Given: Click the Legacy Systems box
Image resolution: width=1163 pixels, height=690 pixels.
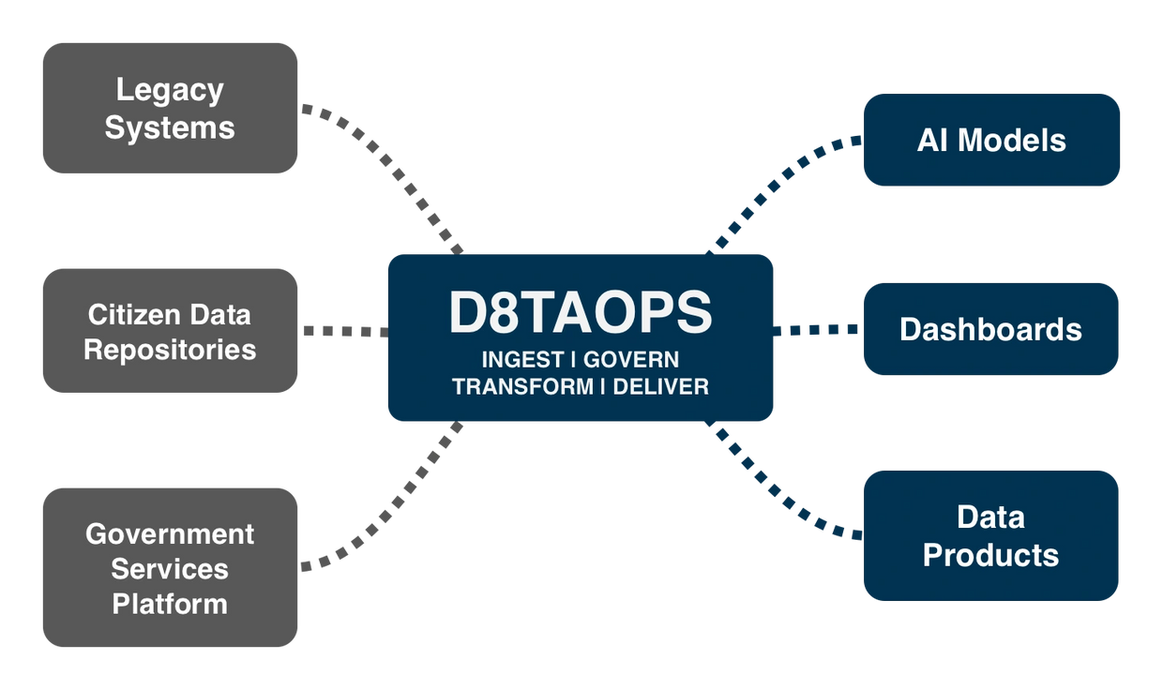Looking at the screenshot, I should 170,108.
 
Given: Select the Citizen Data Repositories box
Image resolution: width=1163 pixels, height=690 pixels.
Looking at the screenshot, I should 170,330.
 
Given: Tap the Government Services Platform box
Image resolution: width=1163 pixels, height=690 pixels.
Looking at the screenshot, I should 170,567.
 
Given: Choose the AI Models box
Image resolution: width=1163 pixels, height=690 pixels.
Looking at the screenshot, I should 991,140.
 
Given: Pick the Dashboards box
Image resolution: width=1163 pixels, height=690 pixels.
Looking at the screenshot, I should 990,329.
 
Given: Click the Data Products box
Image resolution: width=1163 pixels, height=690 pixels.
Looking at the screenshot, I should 990,535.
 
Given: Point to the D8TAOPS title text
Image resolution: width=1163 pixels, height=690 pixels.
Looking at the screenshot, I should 581,313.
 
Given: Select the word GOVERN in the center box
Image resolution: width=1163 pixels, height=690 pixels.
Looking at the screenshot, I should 631,360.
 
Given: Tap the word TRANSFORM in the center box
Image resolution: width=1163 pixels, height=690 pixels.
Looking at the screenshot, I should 522,386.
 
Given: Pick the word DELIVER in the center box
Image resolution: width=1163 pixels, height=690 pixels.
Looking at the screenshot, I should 661,386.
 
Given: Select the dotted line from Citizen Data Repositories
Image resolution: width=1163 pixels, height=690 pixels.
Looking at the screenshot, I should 343,331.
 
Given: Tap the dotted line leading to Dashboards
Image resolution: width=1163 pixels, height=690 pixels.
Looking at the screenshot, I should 818,329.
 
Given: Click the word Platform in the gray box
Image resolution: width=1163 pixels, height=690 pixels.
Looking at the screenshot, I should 170,604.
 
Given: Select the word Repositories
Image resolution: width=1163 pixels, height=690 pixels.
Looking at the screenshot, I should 170,350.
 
